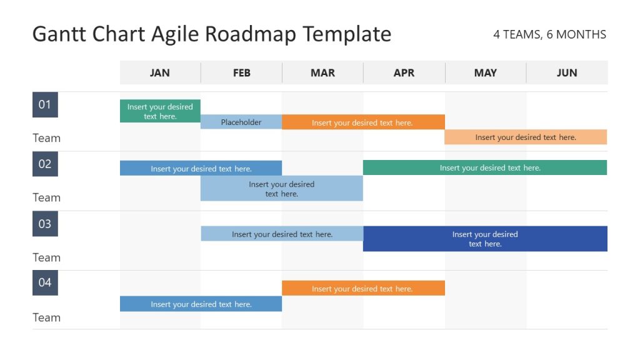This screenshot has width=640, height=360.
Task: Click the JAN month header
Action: coord(160,72)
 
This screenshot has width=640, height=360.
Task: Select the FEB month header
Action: coord(241,72)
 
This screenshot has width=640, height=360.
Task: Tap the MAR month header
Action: coord(322,72)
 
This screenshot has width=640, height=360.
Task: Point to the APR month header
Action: coord(404,72)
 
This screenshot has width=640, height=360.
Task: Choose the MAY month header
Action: coord(486,72)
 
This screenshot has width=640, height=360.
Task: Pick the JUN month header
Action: coord(567,72)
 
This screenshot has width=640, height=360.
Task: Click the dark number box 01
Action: coord(45,104)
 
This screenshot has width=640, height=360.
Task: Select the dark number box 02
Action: coord(45,164)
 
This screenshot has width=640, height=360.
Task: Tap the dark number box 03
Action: coord(45,224)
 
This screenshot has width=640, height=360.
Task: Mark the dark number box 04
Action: coord(45,282)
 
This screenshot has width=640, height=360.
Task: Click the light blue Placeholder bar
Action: coord(241,122)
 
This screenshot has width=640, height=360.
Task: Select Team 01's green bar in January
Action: coord(160,111)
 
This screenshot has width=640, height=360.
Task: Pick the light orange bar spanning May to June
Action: coord(526,137)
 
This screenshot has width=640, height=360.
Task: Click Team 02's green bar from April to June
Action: coord(485,167)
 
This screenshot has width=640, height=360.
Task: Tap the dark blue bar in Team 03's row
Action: coord(485,239)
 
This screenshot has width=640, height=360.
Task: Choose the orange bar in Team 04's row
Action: coord(363,288)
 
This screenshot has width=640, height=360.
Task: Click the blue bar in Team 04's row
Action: coord(201,304)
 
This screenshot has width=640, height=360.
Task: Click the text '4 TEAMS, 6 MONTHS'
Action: coord(549,35)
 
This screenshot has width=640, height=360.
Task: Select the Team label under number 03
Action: coord(47,257)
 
